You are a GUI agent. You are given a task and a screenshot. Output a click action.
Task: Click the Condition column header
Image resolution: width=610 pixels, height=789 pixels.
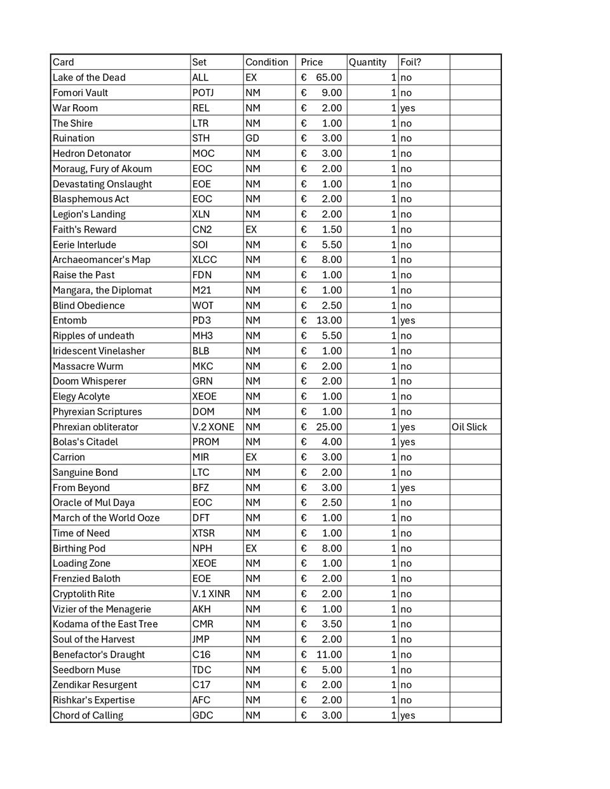tap(266, 62)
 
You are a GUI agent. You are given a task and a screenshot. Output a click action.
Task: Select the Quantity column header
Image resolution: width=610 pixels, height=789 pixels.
tap(367, 62)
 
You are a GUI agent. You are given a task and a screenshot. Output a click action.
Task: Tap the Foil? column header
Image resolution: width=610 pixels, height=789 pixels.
tap(410, 62)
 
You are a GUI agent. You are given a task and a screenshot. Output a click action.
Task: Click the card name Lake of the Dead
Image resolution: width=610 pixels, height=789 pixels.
tap(89, 78)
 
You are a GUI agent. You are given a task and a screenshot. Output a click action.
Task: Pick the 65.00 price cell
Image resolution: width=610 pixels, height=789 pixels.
tap(329, 78)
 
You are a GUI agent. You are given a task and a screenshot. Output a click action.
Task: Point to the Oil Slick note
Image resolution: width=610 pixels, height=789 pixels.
tap(469, 427)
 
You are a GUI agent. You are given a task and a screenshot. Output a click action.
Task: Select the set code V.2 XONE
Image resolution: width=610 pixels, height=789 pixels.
tap(213, 427)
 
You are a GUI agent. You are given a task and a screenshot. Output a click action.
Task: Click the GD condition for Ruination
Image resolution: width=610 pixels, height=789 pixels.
tap(252, 138)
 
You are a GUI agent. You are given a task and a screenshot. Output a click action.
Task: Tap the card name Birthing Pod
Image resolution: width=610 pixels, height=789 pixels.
tap(79, 548)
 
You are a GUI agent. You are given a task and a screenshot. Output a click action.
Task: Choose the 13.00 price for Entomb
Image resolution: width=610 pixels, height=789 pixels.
tap(329, 321)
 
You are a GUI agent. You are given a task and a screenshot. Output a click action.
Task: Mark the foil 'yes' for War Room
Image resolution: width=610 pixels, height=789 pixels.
tap(407, 108)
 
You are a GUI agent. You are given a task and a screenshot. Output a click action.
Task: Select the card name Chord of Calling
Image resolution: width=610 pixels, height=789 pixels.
tap(88, 715)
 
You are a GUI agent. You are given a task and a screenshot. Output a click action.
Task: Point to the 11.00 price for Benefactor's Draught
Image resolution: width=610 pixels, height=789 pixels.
tap(329, 654)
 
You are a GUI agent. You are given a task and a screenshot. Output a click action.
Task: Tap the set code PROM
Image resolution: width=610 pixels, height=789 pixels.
tap(205, 442)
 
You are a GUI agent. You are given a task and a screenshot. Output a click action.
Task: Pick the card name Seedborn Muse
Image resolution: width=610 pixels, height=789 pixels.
tap(86, 670)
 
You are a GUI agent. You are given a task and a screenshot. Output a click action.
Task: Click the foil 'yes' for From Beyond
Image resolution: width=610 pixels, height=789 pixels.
tap(407, 488)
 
